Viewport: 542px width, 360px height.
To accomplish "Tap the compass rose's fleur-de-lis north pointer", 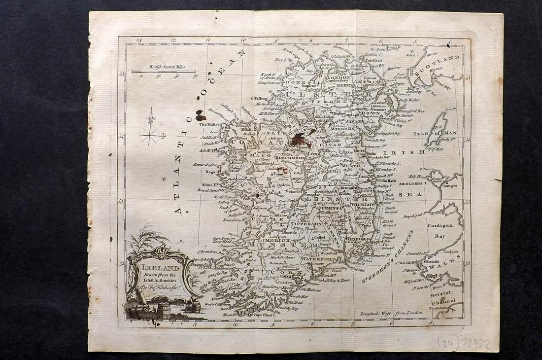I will [x=151, y=117].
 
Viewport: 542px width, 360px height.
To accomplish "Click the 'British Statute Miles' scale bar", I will [x=163, y=72].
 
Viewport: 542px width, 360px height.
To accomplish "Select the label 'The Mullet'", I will [x=208, y=125].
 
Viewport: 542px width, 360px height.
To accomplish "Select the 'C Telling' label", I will [x=260, y=99].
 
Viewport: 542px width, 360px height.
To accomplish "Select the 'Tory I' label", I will [x=280, y=60].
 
